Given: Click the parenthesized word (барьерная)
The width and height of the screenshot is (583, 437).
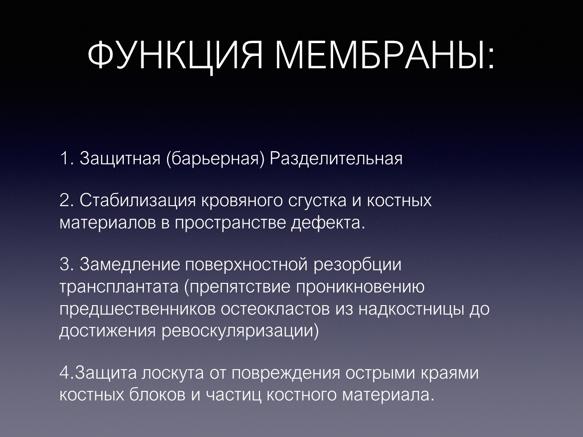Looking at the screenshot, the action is [216, 159].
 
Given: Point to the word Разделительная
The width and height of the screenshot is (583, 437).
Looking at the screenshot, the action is [336, 159].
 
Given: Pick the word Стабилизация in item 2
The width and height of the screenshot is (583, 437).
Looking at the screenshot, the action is [138, 201].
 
